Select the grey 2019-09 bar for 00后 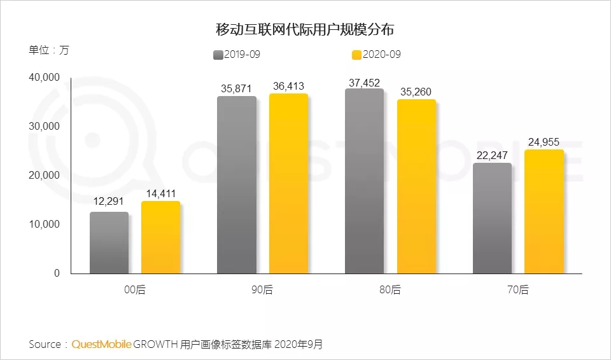[109, 242]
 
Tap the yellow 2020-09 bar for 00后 [160, 237]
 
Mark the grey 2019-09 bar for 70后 [492, 218]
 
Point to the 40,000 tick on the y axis [44, 78]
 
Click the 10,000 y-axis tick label [44, 224]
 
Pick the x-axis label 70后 [517, 289]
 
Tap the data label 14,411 [160, 195]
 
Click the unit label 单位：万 [48, 51]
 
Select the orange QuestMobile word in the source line [102, 344]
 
